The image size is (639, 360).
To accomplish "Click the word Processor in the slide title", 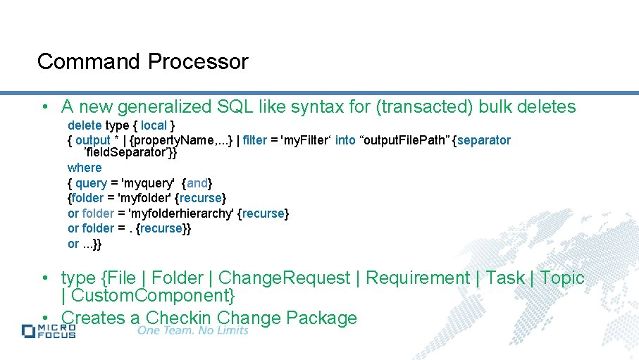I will coord(198,62).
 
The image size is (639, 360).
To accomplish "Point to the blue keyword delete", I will coord(85,125).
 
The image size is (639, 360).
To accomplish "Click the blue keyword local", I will coord(154,125).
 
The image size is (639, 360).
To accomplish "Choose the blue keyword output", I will coord(93,140).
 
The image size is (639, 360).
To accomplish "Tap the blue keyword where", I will coord(85,168).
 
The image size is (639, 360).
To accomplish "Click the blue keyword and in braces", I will coord(197,183).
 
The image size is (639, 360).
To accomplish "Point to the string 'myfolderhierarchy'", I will coord(178,213).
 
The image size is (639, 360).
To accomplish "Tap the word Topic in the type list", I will coord(562,278).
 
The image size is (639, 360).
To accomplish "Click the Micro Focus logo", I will coord(49,331).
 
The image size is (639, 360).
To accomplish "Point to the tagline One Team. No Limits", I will coord(193,330).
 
